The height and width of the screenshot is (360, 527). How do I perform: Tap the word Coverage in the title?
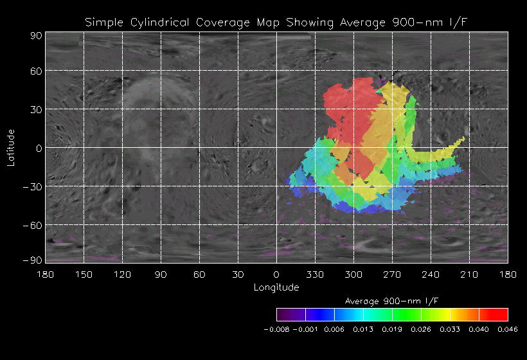point(214,23)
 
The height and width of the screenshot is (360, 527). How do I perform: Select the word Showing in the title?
point(307,23)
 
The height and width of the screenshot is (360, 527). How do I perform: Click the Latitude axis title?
point(11,147)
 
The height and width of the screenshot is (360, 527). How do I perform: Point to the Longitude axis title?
point(276,287)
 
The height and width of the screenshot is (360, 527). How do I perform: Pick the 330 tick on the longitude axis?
point(315,274)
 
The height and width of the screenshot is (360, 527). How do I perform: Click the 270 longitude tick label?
point(392,274)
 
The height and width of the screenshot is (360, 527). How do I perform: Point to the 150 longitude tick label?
point(84,274)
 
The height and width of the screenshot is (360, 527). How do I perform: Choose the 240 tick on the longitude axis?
point(431,274)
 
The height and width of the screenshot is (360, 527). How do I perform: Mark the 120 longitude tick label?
point(122,274)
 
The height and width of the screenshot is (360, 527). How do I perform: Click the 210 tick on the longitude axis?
point(469,274)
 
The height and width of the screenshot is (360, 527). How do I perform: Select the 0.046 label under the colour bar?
point(507,329)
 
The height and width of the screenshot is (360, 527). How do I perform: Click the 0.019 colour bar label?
point(392,329)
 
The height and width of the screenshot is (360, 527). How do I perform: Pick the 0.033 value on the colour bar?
point(449,329)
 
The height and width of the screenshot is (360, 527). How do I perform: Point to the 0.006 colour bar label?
point(334,329)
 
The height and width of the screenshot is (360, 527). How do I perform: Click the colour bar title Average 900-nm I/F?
point(392,301)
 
